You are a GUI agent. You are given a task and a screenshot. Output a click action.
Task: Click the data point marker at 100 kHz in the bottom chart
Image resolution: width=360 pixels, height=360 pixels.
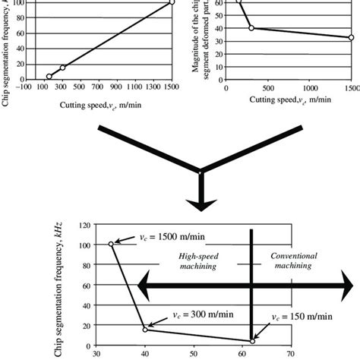(112, 245)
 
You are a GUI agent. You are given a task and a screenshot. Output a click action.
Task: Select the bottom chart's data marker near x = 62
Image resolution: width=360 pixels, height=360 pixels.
(251, 341)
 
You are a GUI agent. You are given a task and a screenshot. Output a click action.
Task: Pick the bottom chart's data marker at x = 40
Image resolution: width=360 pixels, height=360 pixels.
(144, 329)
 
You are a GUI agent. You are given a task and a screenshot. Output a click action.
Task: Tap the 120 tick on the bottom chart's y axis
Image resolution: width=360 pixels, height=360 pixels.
(86, 226)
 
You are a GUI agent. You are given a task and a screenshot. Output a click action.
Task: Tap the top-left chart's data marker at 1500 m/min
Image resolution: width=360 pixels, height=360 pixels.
(172, 2)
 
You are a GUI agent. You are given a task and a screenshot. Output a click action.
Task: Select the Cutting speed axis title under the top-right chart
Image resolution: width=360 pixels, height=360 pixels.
(292, 99)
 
